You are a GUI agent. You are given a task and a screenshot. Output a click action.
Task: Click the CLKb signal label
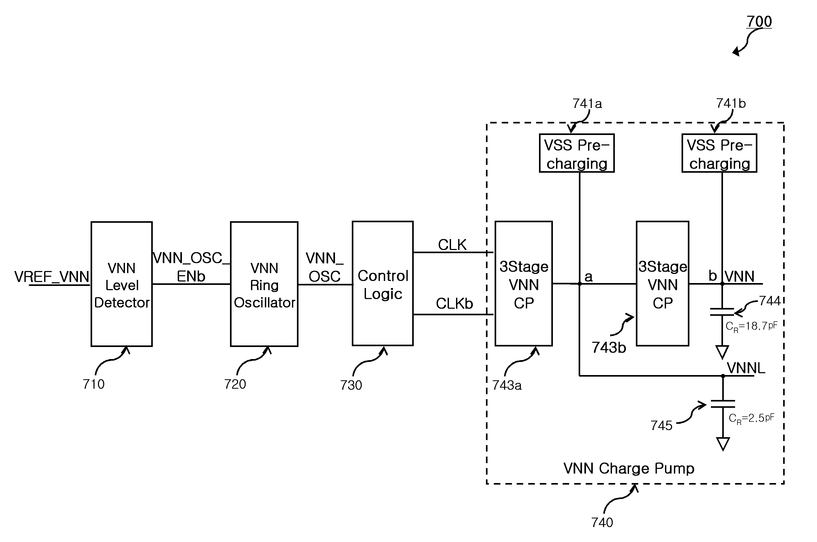(x=454, y=303)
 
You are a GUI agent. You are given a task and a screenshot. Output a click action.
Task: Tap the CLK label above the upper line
(x=452, y=245)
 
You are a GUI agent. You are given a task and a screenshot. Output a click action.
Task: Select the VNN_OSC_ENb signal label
(x=191, y=267)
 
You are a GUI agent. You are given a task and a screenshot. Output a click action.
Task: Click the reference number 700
(x=759, y=21)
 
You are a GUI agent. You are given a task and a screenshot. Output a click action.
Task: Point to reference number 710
(x=93, y=384)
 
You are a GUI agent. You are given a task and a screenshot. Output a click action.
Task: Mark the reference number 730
(x=351, y=385)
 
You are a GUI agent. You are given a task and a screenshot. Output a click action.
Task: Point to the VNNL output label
(x=746, y=368)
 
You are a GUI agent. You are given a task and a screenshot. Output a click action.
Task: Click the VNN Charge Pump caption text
(x=629, y=468)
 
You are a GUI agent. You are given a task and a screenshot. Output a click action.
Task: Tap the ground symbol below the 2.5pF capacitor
(x=723, y=444)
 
